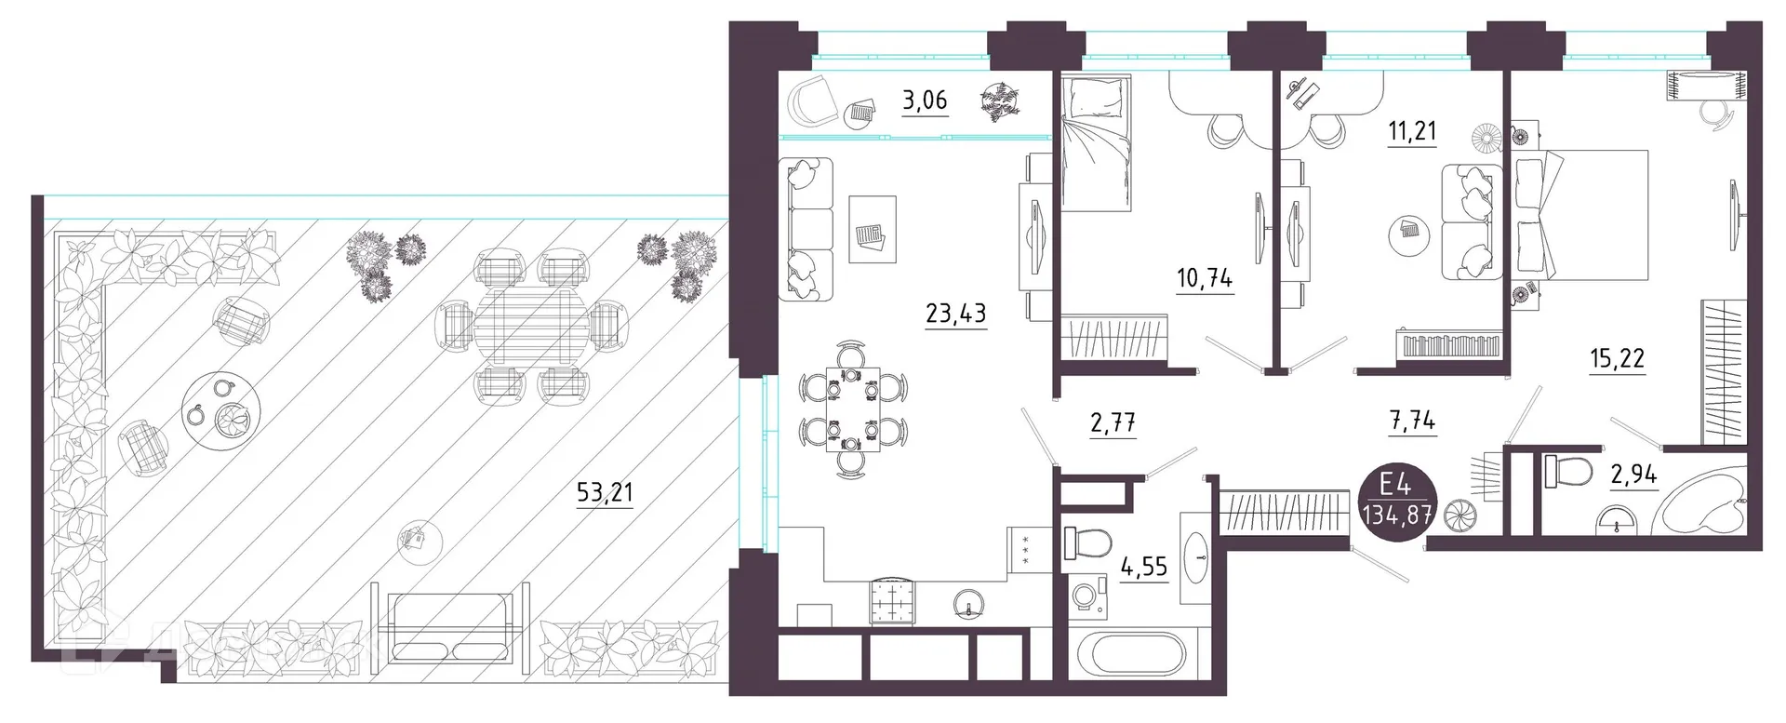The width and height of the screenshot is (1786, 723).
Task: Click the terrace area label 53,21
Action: pos(605,491)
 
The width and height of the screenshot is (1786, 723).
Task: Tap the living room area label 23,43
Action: pos(955,313)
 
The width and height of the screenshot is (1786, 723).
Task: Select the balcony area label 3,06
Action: pos(925,100)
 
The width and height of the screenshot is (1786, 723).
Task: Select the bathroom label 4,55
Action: pos(1143,567)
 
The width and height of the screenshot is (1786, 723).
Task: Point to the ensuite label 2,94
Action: pos(1633,475)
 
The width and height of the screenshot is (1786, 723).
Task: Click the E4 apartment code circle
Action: pos(1396,499)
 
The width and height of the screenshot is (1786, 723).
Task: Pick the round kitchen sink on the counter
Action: pos(969,605)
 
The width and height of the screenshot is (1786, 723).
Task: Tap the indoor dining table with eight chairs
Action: pos(852,409)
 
